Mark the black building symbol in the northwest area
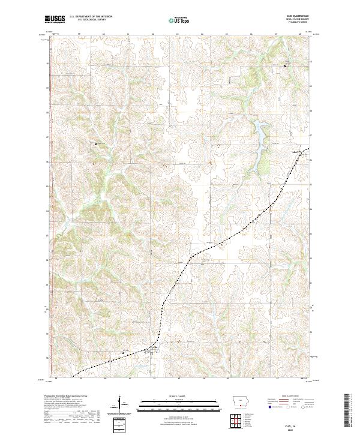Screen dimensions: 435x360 pyautogui.click(x=95, y=144)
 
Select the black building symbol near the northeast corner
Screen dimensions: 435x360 pyautogui.click(x=286, y=65)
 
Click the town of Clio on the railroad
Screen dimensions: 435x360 pyautogui.click(x=154, y=347)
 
